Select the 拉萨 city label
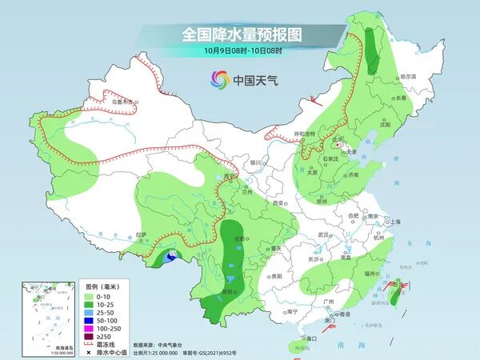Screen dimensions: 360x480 (142, 234)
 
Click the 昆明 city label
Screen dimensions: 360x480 (228, 291)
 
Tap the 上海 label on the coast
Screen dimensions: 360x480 (394, 222)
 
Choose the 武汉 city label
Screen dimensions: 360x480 (323, 234)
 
